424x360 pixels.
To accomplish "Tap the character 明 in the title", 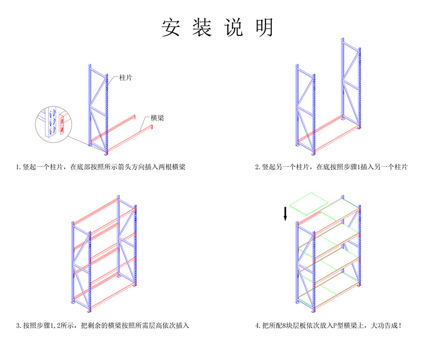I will tap(264, 28).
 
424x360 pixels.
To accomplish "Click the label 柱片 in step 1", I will tap(126, 77).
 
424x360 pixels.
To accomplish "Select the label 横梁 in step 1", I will tap(157, 118).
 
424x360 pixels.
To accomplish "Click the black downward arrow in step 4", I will tap(286, 213).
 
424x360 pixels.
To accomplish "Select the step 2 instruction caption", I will tap(331, 167).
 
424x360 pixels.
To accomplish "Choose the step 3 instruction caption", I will tap(102, 325).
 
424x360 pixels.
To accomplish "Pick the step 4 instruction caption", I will tap(328, 325).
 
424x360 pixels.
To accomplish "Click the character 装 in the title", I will tap(202, 28).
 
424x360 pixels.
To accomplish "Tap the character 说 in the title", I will tap(233, 28).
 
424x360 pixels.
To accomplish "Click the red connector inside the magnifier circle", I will tap(63, 123).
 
